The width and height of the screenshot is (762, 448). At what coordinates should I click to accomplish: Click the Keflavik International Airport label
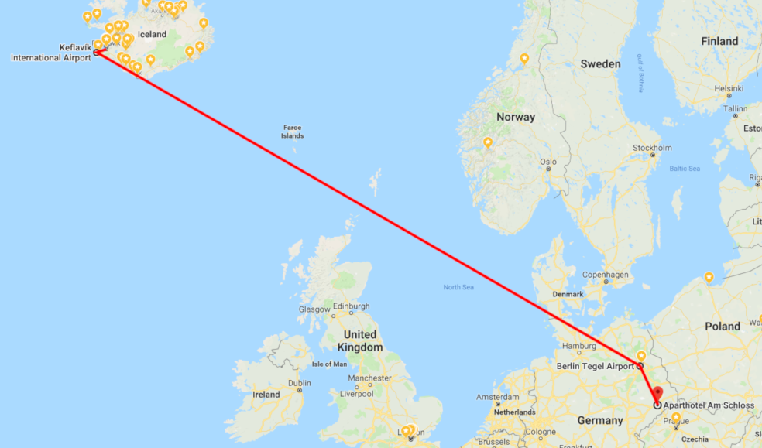(46, 53)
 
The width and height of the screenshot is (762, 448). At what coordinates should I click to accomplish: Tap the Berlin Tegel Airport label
(595, 365)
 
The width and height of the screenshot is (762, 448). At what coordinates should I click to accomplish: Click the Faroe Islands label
(292, 132)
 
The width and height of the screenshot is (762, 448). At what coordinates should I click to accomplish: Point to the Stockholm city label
(651, 148)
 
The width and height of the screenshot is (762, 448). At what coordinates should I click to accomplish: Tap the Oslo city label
(548, 162)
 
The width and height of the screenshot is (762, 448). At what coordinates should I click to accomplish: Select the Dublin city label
(299, 383)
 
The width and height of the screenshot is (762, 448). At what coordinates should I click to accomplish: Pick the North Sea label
(458, 287)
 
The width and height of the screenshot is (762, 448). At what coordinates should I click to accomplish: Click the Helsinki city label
(729, 88)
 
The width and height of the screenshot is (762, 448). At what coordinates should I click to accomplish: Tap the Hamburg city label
(578, 346)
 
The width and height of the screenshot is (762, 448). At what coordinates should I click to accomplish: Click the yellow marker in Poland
(709, 278)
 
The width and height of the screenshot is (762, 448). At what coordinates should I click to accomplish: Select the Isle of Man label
(329, 364)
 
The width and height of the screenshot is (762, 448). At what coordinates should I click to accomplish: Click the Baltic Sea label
(685, 169)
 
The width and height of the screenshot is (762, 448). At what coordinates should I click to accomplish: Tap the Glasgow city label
(315, 309)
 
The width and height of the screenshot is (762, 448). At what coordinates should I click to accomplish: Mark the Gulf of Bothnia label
(640, 74)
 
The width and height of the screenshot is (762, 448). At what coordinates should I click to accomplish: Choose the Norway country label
(516, 118)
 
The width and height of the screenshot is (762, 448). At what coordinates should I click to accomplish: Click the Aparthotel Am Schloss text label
(709, 405)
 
